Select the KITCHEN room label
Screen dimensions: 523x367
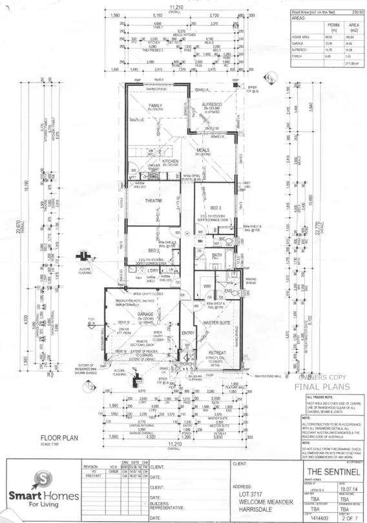tap(170, 161)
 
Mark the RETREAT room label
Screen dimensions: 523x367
tap(217, 353)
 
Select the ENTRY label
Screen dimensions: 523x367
tap(188, 333)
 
